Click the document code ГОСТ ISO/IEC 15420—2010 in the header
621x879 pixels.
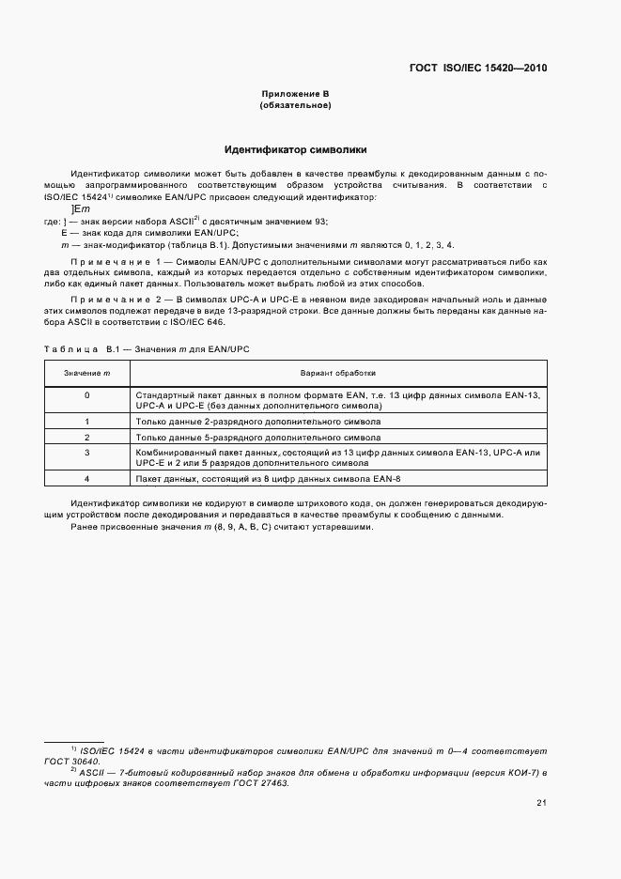pyautogui.click(x=478, y=68)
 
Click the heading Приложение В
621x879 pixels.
pyautogui.click(x=295, y=94)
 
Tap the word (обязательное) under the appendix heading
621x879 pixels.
pyautogui.click(x=295, y=105)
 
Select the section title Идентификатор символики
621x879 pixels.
pyautogui.click(x=295, y=149)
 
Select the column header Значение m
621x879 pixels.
pyautogui.click(x=87, y=373)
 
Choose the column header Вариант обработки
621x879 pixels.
pyautogui.click(x=337, y=373)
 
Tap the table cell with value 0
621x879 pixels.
pyautogui.click(x=87, y=395)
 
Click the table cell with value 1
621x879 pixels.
pyautogui.click(x=87, y=423)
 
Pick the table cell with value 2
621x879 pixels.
pyautogui.click(x=87, y=438)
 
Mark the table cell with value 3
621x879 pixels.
pyautogui.click(x=87, y=453)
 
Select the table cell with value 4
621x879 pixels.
pyautogui.click(x=87, y=479)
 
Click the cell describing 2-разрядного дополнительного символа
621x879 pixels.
pyautogui.click(x=258, y=423)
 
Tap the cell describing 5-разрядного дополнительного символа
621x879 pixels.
pyautogui.click(x=258, y=438)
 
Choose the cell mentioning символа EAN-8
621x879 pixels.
pyautogui.click(x=262, y=479)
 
